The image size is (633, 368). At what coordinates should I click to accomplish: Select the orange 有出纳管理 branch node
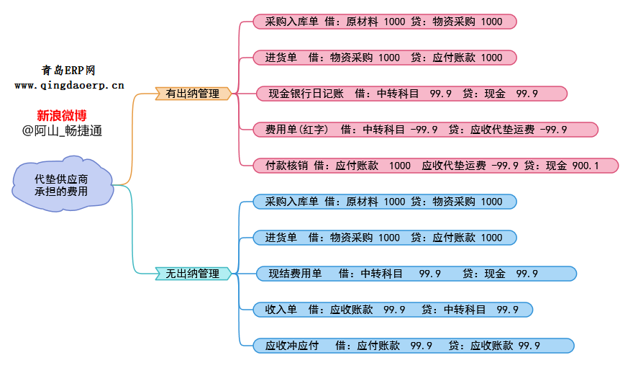(193, 94)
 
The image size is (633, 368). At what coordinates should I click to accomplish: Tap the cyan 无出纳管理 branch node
(193, 274)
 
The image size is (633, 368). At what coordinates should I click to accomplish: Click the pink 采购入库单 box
(384, 22)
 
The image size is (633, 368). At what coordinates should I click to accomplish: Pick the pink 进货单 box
(384, 58)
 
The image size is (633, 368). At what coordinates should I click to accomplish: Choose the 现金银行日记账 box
(412, 94)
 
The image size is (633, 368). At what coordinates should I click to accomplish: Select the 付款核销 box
(435, 166)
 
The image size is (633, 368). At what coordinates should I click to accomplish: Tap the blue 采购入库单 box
(384, 202)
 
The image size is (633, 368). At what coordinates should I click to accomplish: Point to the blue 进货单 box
(384, 238)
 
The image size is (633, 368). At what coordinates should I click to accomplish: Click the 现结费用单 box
(416, 274)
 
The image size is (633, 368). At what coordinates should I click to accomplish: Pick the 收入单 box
(393, 310)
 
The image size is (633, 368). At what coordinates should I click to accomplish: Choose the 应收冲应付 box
(414, 346)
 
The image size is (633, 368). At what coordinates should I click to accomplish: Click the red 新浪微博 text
(62, 115)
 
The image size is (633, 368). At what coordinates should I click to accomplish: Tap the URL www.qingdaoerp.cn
(69, 85)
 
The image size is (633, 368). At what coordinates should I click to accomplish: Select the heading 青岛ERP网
(69, 70)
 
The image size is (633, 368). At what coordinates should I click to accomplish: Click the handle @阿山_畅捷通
(62, 131)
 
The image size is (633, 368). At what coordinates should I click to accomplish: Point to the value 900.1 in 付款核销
(585, 166)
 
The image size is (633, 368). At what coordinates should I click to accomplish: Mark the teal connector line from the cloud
(133, 230)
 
